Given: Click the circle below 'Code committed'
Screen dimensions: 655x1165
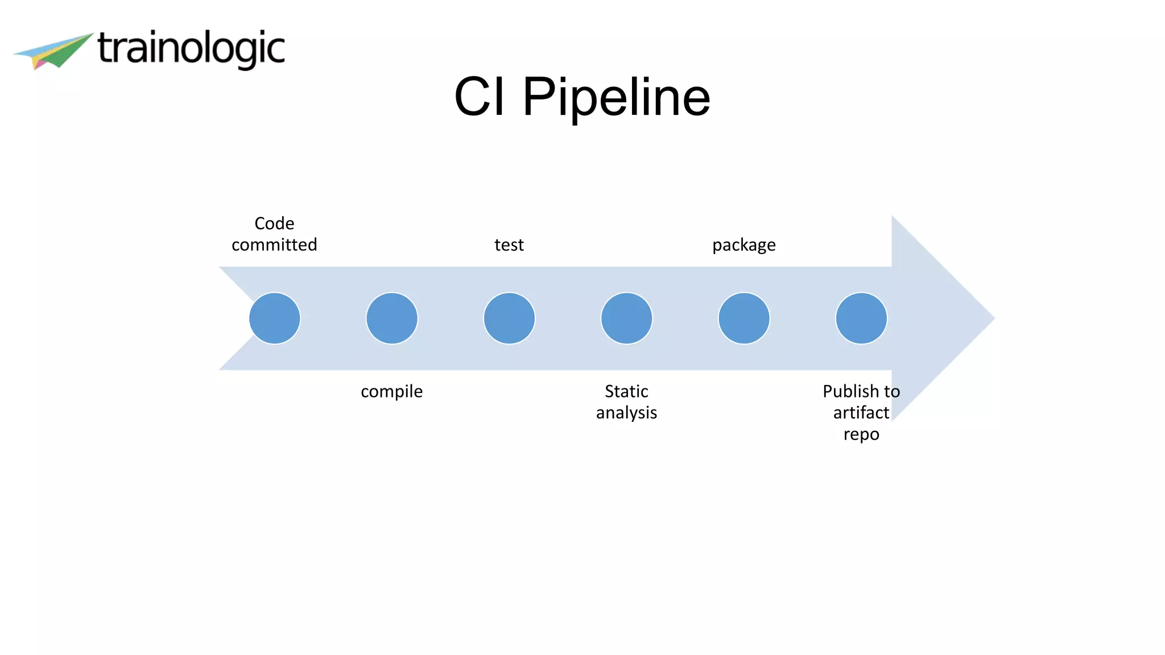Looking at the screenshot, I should (x=275, y=318).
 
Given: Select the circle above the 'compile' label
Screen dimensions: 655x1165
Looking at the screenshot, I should (x=392, y=318).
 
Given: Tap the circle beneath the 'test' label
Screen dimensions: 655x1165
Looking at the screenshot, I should (x=509, y=318).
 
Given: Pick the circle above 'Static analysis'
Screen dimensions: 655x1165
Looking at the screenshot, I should (x=626, y=318).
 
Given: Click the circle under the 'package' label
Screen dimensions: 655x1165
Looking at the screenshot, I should (x=744, y=318).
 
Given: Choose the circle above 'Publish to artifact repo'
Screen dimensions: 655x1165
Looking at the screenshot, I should (x=861, y=318).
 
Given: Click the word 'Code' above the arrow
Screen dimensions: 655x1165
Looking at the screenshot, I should (x=274, y=223).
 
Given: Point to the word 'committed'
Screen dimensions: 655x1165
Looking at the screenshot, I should (x=274, y=244).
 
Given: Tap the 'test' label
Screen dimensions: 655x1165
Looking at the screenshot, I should (x=509, y=244).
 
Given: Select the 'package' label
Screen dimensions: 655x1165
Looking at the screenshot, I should (x=744, y=245).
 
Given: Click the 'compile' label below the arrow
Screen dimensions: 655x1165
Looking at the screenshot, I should (x=392, y=392).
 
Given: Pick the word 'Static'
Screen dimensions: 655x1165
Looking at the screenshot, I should (x=626, y=391).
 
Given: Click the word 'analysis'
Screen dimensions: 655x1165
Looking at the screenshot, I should (x=626, y=413).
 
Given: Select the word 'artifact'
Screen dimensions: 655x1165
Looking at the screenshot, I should (x=861, y=413).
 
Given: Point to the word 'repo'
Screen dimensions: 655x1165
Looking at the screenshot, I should (x=861, y=434).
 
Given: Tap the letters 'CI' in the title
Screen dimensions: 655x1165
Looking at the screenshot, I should (x=479, y=97).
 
